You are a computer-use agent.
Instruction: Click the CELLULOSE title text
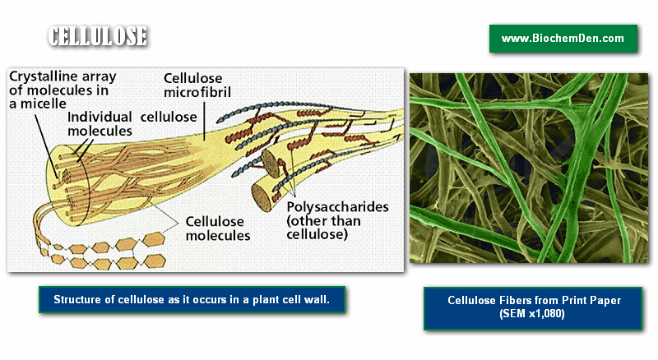97,36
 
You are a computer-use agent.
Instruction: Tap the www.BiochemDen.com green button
563,39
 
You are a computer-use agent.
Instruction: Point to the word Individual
100,117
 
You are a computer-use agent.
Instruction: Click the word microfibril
197,92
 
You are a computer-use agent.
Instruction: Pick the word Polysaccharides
337,207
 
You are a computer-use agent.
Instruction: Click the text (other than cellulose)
323,228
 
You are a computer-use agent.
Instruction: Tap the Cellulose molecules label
218,228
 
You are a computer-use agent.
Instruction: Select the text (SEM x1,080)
532,313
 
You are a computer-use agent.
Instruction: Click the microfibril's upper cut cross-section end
271,164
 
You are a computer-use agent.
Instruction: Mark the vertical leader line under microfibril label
204,122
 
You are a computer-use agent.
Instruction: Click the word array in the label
99,77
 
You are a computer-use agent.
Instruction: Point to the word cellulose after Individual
169,117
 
